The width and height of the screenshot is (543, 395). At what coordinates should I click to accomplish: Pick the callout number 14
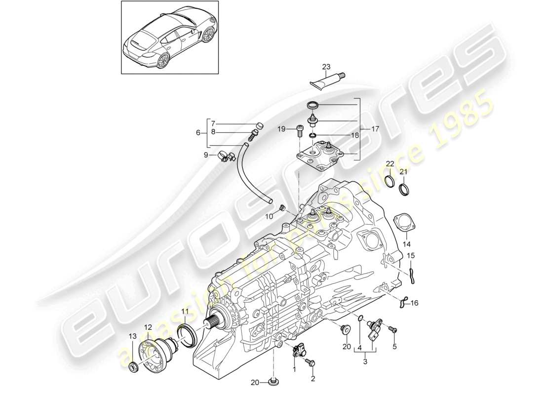(x=406, y=243)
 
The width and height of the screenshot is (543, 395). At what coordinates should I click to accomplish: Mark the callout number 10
(x=270, y=216)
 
